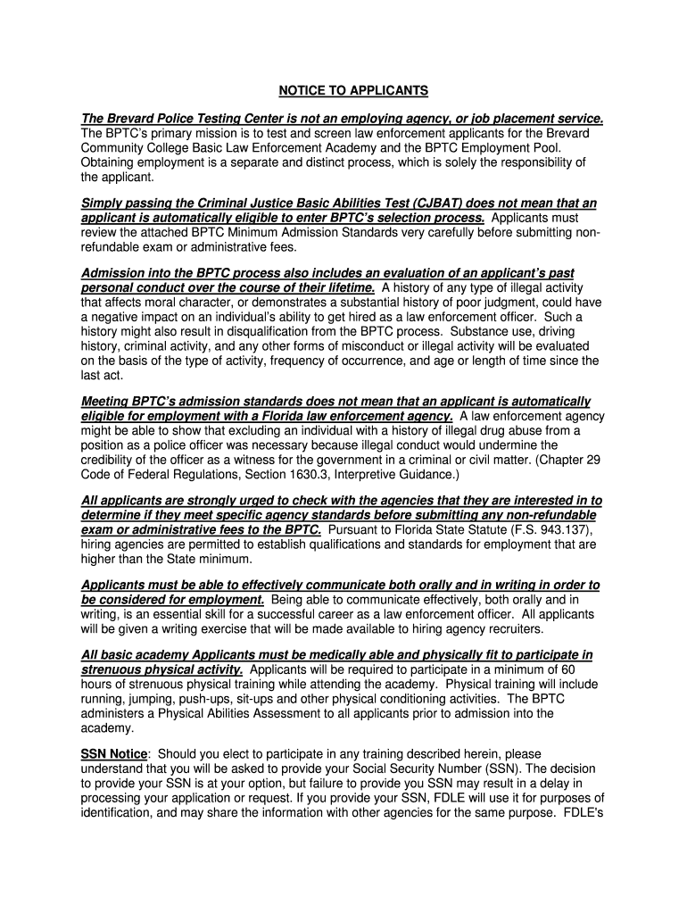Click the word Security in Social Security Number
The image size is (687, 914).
pos(424,769)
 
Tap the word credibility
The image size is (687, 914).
pos(114,459)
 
